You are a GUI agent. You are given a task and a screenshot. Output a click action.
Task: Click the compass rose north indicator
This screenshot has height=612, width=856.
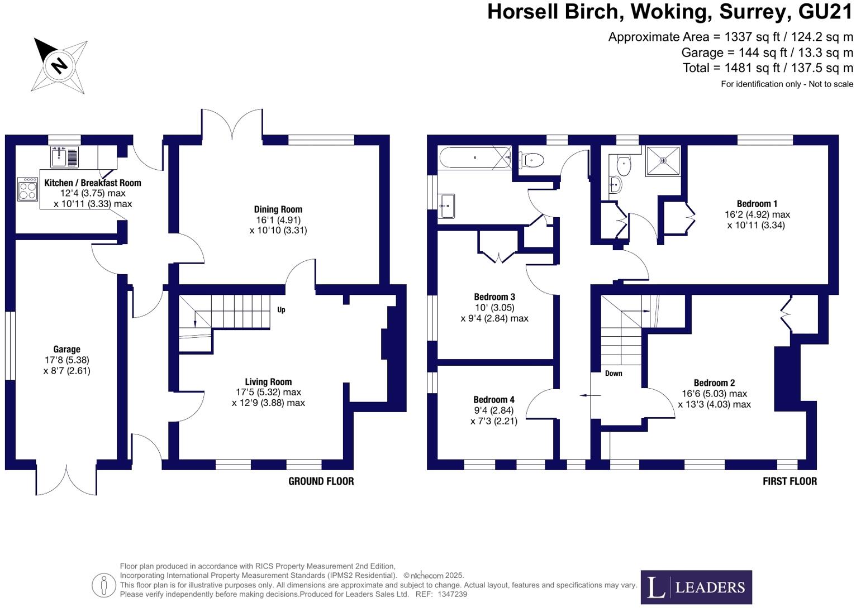point(59,65)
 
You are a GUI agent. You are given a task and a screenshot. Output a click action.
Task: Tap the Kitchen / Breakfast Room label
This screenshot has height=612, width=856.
point(92,183)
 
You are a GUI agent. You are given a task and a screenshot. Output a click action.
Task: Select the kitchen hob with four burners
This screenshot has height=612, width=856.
point(27,189)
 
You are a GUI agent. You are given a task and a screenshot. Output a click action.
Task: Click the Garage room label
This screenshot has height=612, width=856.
point(66,350)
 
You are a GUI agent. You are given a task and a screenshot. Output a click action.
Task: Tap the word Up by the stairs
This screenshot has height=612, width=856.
point(281,310)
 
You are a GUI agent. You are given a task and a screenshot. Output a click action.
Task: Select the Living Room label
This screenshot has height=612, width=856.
point(268,382)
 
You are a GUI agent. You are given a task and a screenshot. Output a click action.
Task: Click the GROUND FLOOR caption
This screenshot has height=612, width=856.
point(321,481)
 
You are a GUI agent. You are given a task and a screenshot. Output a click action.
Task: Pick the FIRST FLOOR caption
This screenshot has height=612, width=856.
point(790,481)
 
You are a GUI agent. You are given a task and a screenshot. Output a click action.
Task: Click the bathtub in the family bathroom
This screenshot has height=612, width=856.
point(475,157)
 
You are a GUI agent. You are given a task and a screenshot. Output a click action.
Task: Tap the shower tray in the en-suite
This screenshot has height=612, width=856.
point(663,161)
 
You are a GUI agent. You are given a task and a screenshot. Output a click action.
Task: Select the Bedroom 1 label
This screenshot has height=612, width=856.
point(757,204)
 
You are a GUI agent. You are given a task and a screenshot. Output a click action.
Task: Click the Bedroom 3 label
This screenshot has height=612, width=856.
point(494,297)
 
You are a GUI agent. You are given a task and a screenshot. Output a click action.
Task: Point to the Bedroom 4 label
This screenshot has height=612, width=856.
point(494,400)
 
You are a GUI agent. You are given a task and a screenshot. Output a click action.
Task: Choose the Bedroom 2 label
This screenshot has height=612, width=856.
point(714,383)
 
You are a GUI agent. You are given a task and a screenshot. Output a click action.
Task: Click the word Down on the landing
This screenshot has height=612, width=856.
point(614,374)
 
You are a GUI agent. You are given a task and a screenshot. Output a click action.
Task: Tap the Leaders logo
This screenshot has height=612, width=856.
point(696,587)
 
